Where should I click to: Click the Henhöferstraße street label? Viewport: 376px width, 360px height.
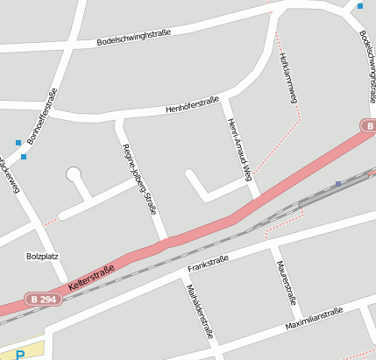coord(192,107)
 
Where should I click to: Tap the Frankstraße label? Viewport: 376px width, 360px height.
coord(208,262)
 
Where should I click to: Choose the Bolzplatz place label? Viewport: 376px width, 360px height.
coord(42,257)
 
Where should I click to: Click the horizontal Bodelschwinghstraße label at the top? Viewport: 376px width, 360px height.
coord(133,37)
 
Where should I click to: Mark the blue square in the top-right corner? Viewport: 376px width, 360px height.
coord(360,6)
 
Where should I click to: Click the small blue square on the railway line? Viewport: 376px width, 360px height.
coord(338,184)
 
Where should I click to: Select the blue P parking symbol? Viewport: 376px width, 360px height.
coord(20,355)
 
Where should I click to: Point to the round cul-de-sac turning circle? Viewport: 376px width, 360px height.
coord(74,174)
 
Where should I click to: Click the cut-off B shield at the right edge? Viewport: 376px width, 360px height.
coord(369,126)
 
